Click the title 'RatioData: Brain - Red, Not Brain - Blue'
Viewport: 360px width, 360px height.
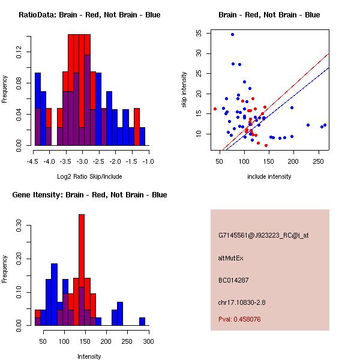point(89,14)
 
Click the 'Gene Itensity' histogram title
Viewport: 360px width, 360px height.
point(89,195)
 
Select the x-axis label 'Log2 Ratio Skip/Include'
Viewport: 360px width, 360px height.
point(89,176)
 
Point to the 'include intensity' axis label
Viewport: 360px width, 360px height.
point(269,176)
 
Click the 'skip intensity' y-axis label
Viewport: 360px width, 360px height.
point(185,89)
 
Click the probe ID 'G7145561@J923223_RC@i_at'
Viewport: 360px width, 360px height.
point(263,235)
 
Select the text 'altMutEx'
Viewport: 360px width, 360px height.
point(231,258)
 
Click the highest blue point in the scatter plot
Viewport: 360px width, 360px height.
point(232,34)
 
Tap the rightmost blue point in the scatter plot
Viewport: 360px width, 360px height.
point(325,125)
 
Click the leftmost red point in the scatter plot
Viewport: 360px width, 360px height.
point(215,109)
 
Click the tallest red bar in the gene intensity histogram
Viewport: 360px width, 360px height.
point(82,270)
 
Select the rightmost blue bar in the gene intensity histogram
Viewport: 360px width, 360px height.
point(142,321)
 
